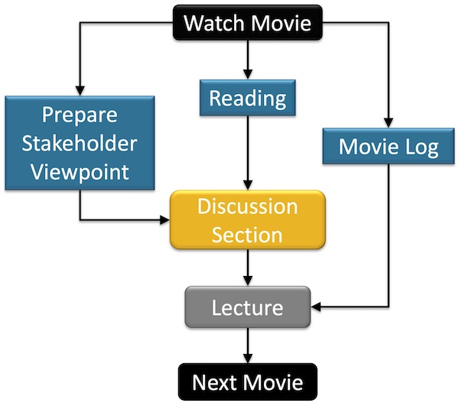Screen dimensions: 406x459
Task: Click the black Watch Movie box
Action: coord(248,22)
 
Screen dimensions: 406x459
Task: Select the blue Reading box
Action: coord(248,98)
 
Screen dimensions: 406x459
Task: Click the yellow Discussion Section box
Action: coord(248,220)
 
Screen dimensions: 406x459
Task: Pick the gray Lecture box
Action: coord(248,308)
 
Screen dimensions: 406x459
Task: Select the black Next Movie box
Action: coord(247,382)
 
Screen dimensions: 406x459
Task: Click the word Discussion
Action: coord(248,207)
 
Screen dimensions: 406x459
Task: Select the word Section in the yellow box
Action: coord(248,234)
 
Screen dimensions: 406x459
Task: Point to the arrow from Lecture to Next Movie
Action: coord(248,346)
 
